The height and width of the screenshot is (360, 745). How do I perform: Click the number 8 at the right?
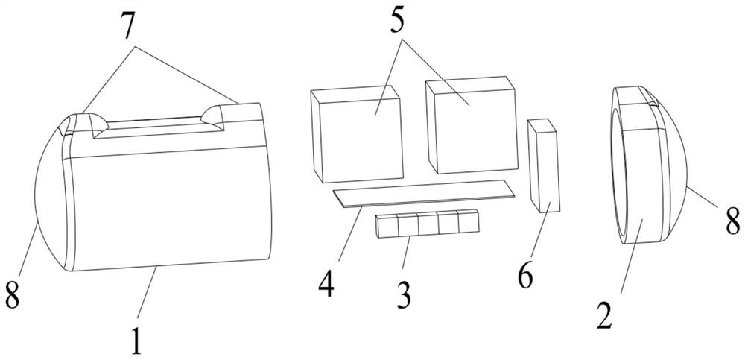coord(732,221)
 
